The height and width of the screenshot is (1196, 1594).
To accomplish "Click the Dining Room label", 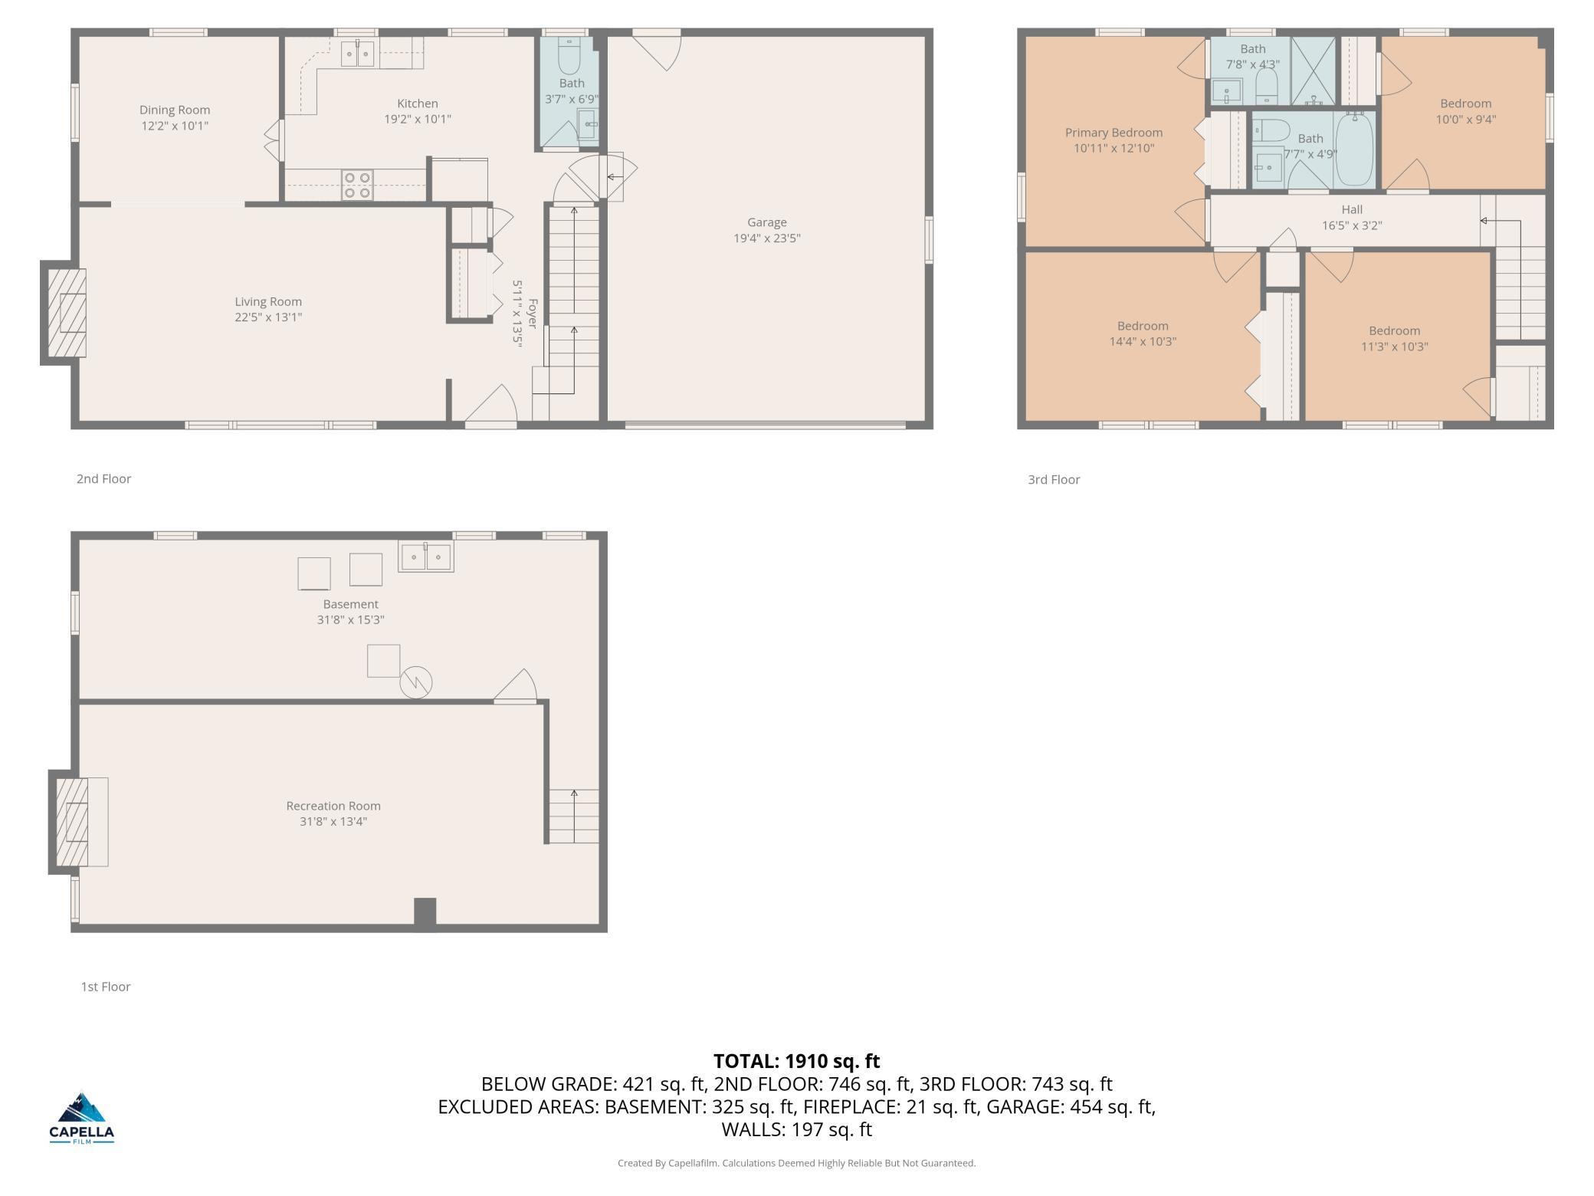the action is (175, 110).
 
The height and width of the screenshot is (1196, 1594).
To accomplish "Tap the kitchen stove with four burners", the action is (357, 185).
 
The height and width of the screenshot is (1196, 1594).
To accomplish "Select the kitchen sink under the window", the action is (357, 54).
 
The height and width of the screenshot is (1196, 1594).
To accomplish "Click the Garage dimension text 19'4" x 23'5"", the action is (767, 238).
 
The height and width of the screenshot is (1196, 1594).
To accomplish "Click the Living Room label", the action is (268, 301).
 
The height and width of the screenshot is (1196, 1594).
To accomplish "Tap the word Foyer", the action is (533, 314).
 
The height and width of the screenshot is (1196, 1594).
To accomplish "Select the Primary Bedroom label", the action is (1114, 133).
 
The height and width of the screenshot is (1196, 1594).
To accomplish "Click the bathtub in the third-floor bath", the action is (1355, 149).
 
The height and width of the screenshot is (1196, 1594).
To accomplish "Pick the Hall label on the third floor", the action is (1352, 209).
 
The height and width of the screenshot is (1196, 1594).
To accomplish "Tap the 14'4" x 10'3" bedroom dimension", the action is (1143, 341).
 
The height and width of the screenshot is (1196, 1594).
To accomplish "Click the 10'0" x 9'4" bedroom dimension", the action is (1466, 119).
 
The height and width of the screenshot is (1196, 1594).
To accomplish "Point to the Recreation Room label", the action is (333, 806).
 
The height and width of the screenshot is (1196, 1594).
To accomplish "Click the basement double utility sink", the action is (426, 557).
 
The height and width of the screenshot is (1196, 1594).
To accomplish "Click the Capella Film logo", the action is (82, 1118).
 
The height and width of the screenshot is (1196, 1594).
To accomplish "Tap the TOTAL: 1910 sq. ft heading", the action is (797, 1061).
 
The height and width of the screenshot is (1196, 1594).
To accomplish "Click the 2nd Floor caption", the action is (103, 478).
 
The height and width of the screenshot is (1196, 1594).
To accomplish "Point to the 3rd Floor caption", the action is (1054, 479).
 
